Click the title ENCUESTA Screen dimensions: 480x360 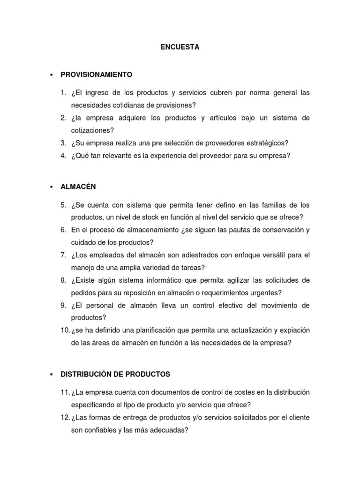180,47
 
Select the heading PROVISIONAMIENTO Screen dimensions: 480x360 97,75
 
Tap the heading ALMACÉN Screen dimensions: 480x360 78,187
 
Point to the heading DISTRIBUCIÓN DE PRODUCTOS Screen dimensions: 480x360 115,374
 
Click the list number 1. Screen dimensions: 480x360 63,93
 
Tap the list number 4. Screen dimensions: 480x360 63,156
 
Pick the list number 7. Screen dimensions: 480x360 63,255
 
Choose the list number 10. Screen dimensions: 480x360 65,330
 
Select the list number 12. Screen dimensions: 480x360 65,418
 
